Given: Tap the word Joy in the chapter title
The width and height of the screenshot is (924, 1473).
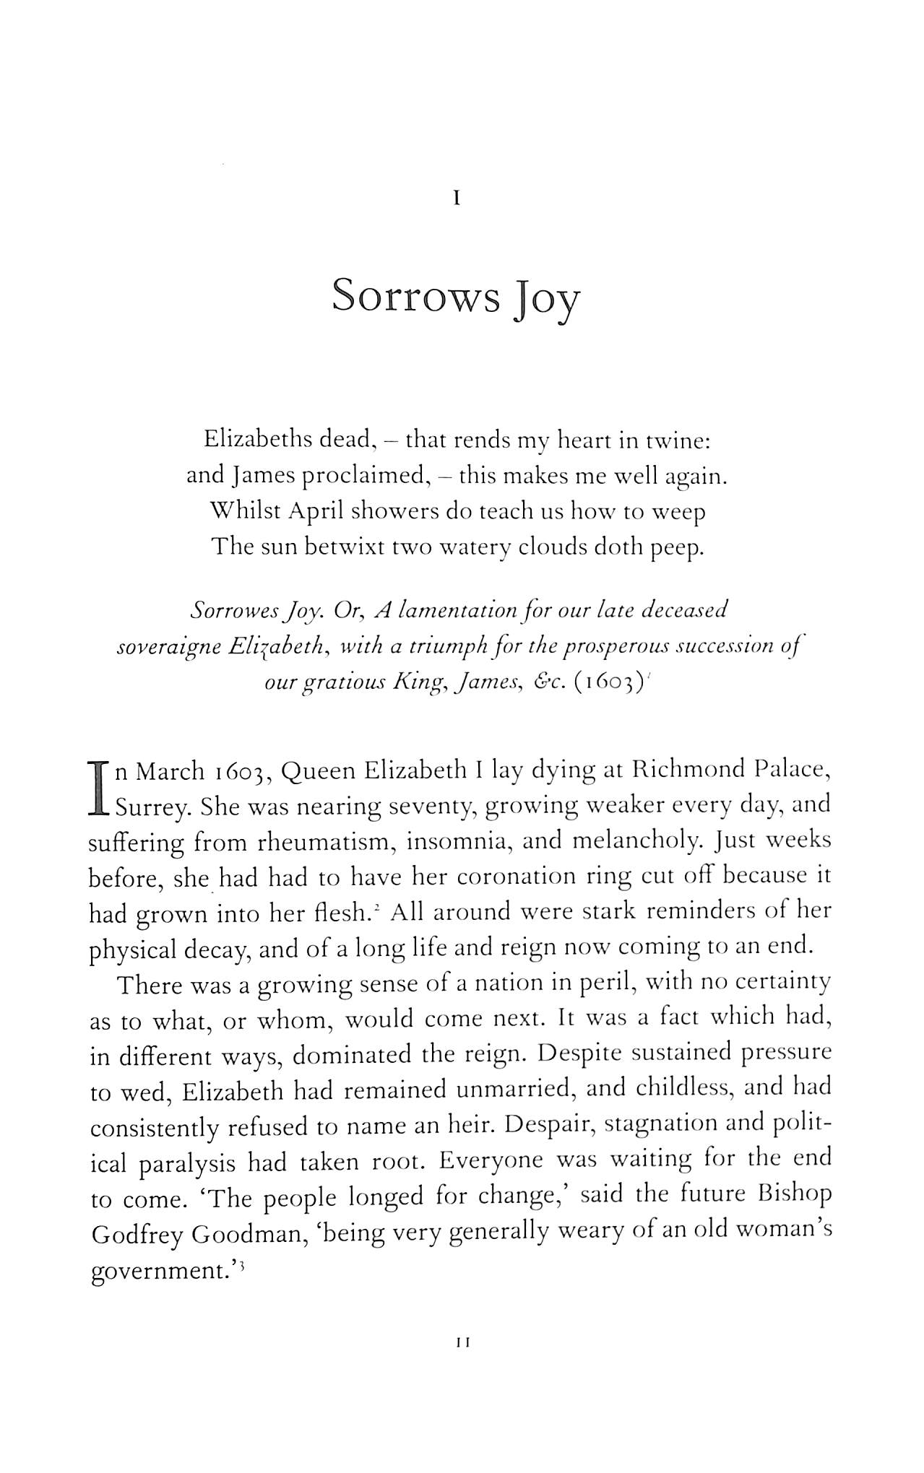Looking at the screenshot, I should [547, 300].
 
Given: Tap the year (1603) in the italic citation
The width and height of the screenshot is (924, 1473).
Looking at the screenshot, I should [608, 682].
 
